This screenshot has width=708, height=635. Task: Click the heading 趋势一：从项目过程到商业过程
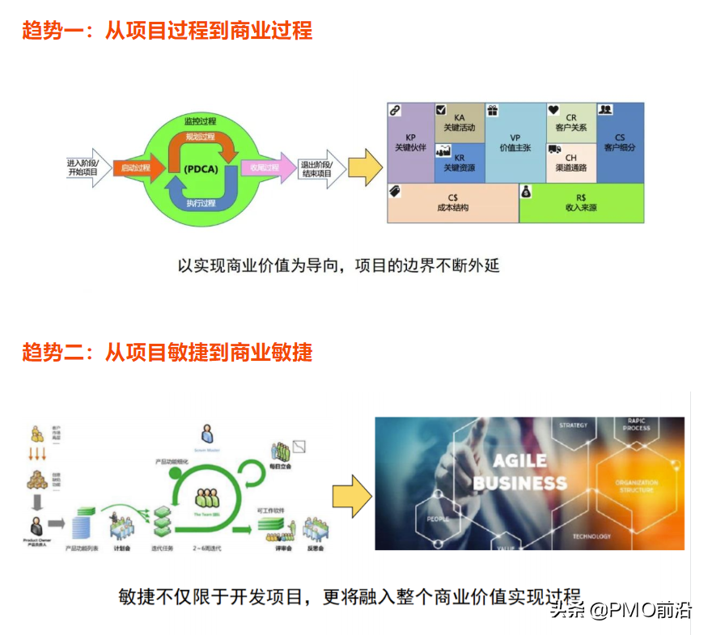click(x=167, y=32)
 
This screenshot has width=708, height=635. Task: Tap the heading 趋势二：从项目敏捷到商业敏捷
click(x=167, y=352)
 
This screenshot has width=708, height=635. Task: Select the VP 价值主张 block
click(x=515, y=143)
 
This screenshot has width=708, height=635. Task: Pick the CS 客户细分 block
click(x=620, y=142)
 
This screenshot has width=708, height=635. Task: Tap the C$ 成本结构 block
click(x=452, y=202)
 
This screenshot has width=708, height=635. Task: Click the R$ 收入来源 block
click(x=581, y=202)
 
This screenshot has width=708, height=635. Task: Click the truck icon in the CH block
click(x=555, y=150)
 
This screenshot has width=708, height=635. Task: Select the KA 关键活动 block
click(x=460, y=122)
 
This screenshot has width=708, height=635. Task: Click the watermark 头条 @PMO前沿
click(x=621, y=609)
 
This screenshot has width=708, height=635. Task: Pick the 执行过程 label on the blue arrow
click(x=200, y=203)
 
